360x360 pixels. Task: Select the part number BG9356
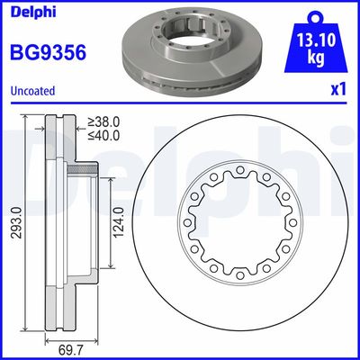(48, 52)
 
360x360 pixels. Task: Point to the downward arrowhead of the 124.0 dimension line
(111, 267)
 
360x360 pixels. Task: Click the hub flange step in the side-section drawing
(82, 169)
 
